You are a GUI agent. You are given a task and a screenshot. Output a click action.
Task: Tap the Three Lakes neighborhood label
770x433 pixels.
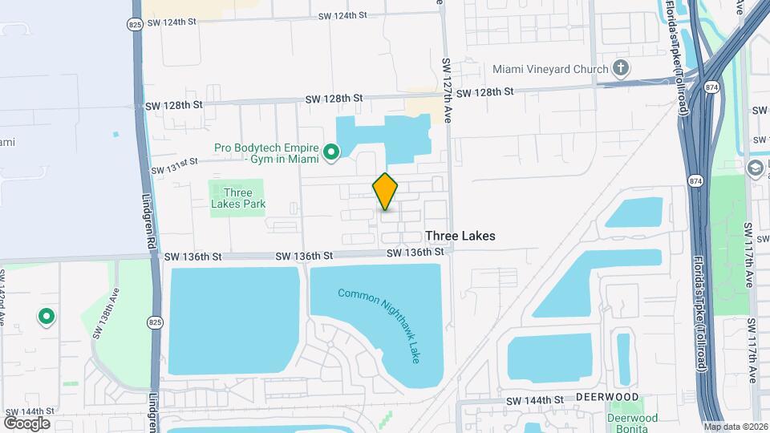pyautogui.click(x=460, y=236)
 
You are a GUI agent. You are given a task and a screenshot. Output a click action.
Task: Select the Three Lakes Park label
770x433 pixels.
pyautogui.click(x=238, y=198)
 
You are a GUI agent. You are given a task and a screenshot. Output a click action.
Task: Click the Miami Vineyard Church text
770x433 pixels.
pyautogui.click(x=550, y=70)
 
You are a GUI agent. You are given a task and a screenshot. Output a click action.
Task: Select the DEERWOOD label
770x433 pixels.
pyautogui.click(x=610, y=398)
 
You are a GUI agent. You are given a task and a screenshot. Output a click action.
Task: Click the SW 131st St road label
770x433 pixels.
pyautogui.click(x=174, y=166)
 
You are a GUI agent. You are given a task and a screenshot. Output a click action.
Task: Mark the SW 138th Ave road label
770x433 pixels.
pyautogui.click(x=106, y=317)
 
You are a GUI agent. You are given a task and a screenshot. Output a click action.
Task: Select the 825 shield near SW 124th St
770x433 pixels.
pyautogui.click(x=134, y=25)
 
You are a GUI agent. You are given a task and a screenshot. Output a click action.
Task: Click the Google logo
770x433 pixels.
pyautogui.click(x=26, y=423)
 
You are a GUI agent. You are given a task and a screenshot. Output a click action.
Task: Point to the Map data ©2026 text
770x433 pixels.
pyautogui.click(x=736, y=427)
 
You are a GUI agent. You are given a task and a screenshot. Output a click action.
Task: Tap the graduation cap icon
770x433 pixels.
pyautogui.click(x=755, y=168)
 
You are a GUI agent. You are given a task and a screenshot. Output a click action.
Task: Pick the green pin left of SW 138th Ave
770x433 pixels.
pyautogui.click(x=47, y=317)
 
